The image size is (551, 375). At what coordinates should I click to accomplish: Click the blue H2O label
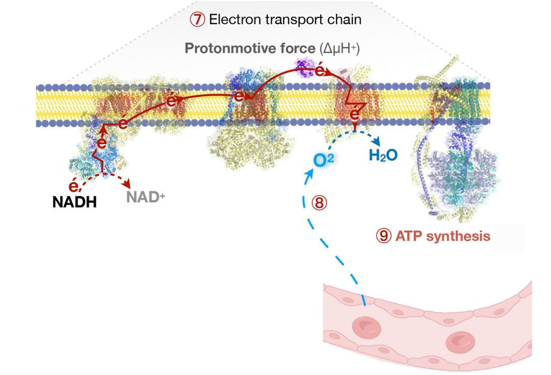[383, 155]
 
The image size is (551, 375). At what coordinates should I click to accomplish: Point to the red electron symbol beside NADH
[75, 187]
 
